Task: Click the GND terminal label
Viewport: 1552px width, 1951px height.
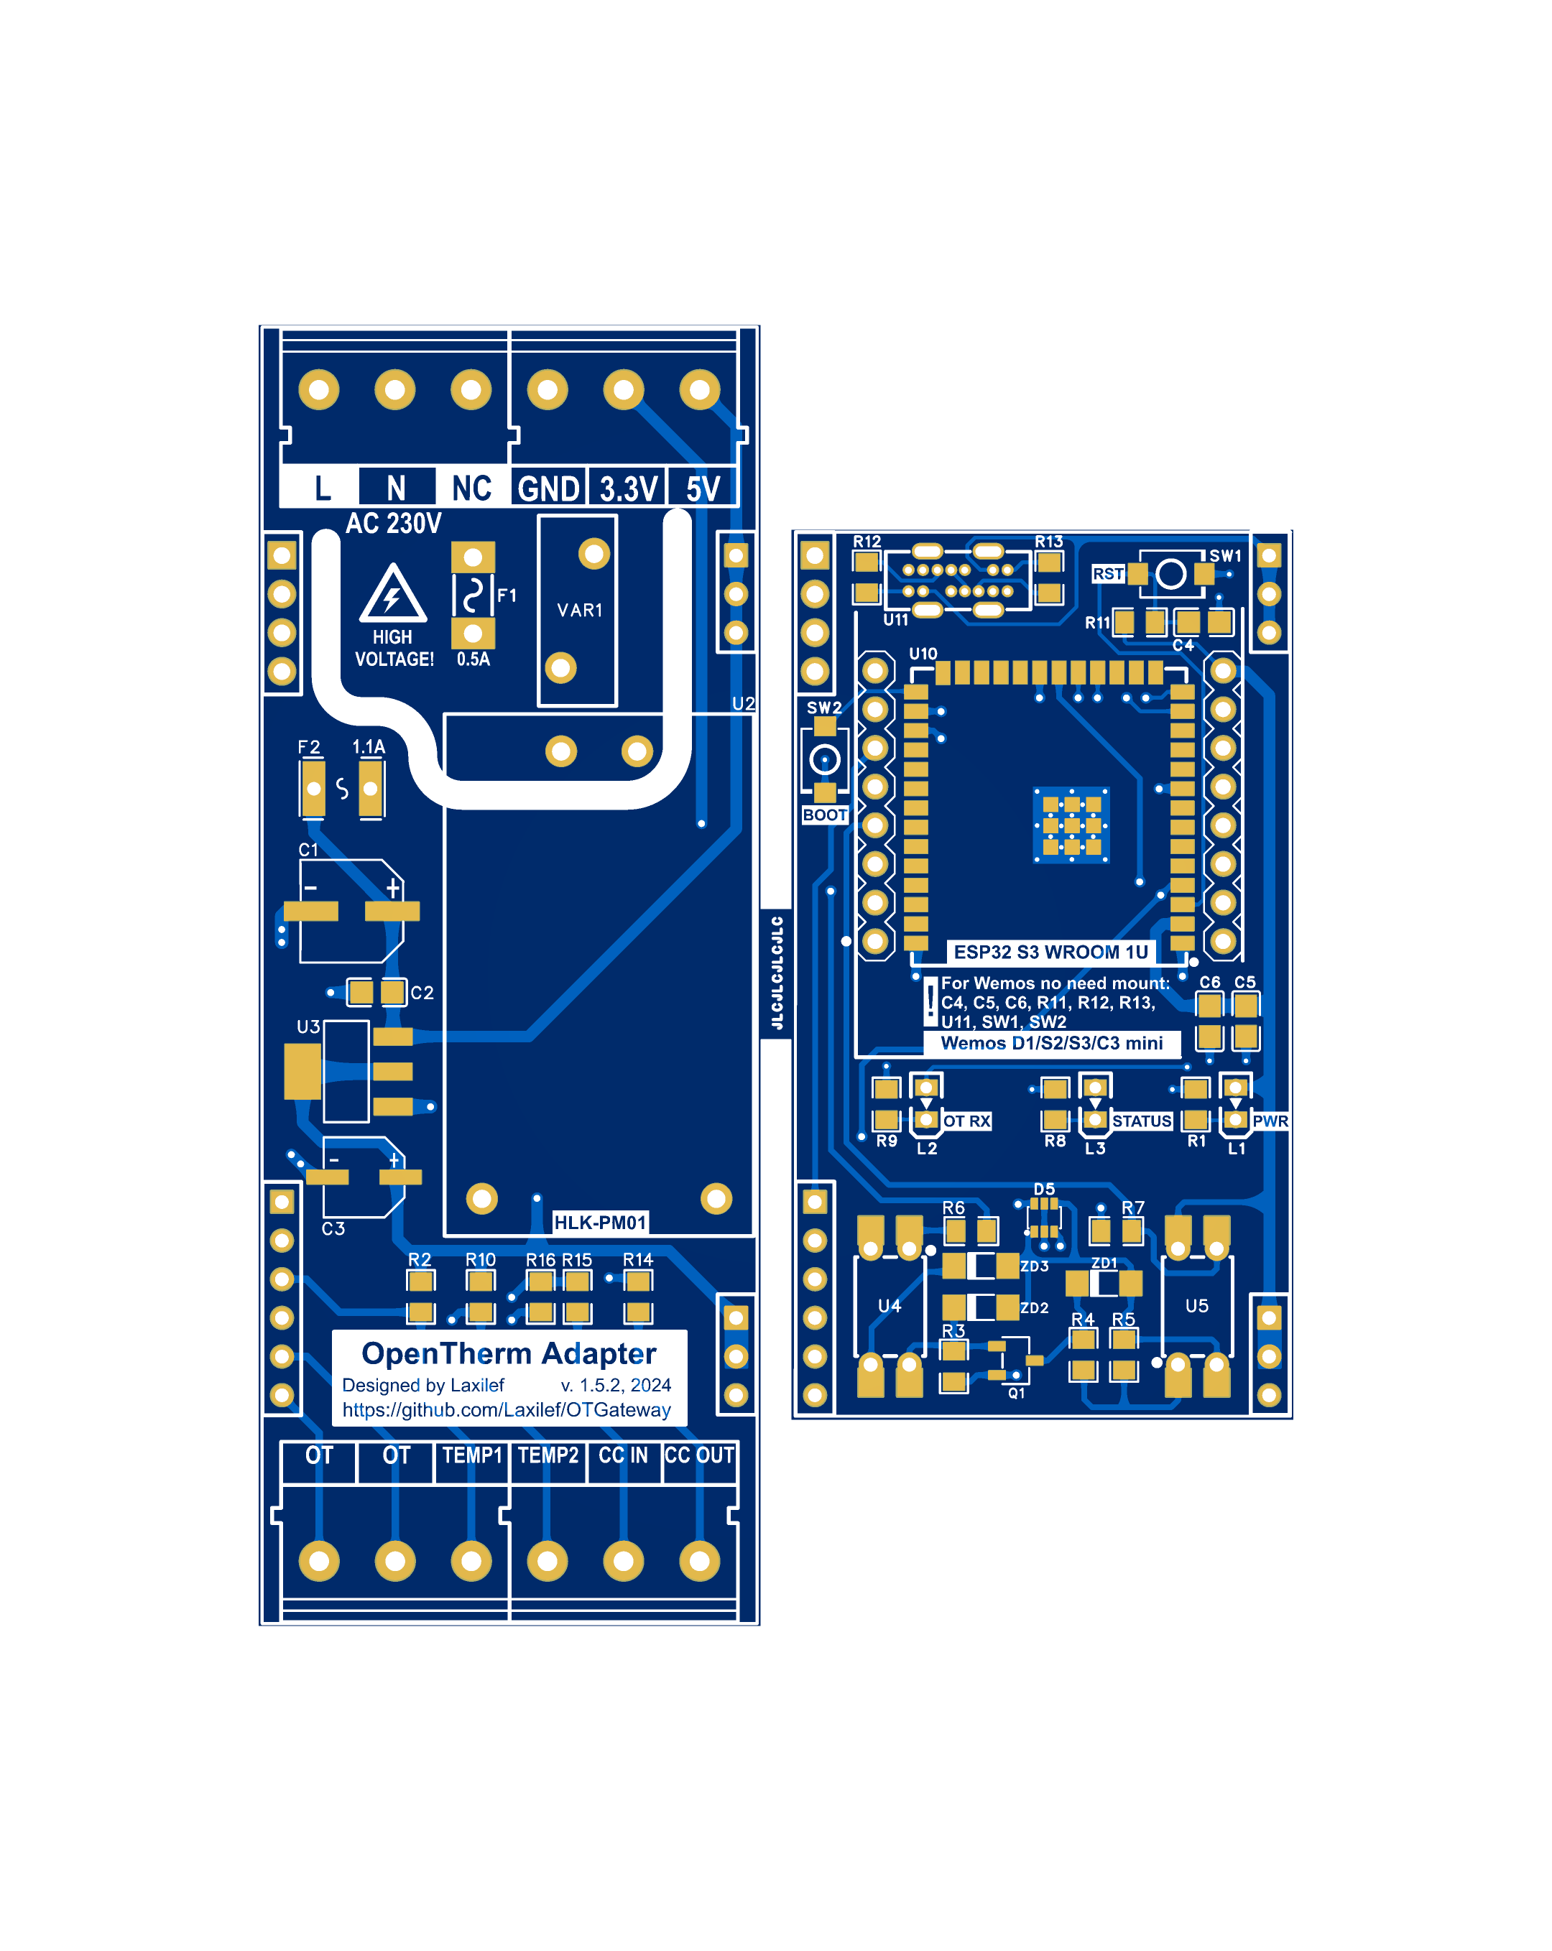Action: tap(548, 488)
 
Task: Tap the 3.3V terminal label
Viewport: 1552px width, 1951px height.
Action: tap(627, 488)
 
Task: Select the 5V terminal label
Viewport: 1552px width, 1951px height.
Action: tap(702, 488)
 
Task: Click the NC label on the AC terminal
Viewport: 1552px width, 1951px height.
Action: tap(471, 488)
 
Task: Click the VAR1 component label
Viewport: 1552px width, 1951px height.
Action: tap(579, 611)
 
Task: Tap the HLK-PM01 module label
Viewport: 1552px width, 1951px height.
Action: tap(599, 1223)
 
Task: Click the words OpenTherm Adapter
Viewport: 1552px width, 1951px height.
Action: tap(509, 1354)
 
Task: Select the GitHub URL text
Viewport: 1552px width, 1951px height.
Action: tap(506, 1410)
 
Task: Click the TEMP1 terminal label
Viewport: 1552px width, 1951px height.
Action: tap(471, 1455)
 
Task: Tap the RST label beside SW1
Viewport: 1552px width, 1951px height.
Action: tap(1108, 574)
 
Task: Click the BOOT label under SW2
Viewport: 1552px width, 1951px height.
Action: tap(824, 815)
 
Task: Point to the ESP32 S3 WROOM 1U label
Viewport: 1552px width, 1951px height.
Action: tap(1050, 952)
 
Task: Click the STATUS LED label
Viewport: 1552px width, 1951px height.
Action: tap(1141, 1121)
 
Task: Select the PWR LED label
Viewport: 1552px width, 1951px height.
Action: tap(1270, 1121)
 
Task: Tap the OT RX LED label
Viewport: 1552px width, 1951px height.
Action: tap(966, 1121)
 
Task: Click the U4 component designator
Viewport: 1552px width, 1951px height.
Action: tap(890, 1306)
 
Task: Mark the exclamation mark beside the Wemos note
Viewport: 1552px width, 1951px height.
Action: tap(930, 1002)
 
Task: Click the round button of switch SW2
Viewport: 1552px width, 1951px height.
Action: tap(824, 759)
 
